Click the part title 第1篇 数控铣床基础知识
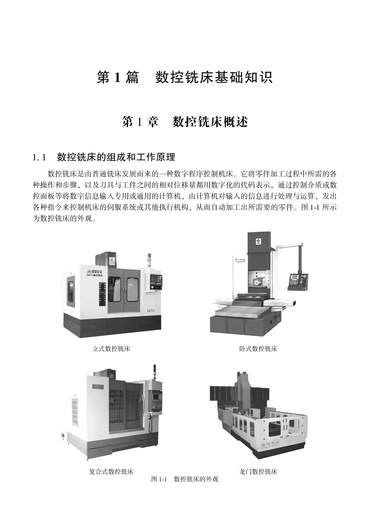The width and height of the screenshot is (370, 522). pyautogui.click(x=185, y=77)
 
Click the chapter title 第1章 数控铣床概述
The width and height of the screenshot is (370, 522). pyautogui.click(x=185, y=122)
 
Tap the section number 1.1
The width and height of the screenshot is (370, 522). pyautogui.click(x=39, y=157)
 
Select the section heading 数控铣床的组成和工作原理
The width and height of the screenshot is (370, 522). pyautogui.click(x=116, y=157)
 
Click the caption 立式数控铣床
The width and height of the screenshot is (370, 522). pyautogui.click(x=111, y=349)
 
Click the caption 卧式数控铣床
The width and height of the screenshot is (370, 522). pyautogui.click(x=258, y=349)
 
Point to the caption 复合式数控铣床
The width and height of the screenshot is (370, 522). pyautogui.click(x=111, y=472)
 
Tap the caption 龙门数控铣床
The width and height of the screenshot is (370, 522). pyautogui.click(x=258, y=472)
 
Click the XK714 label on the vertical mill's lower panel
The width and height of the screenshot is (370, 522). pyautogui.click(x=151, y=310)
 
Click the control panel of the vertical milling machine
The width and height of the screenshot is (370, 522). pyautogui.click(x=153, y=283)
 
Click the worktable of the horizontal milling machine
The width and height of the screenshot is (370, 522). pyautogui.click(x=240, y=312)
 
